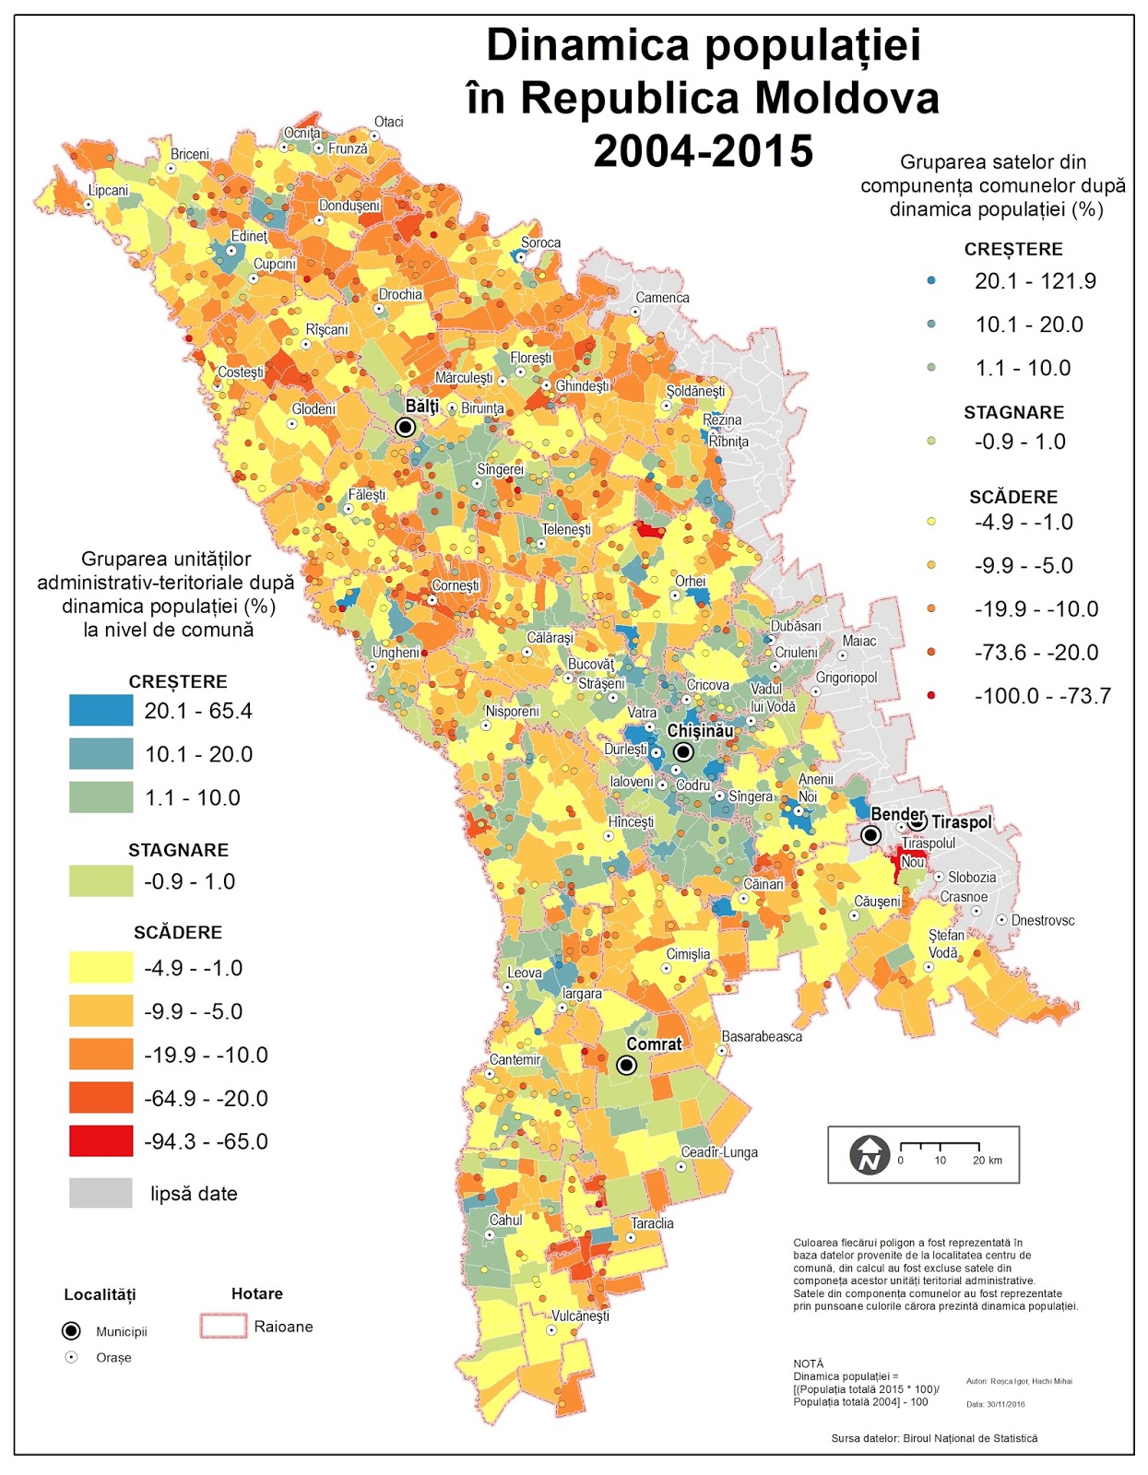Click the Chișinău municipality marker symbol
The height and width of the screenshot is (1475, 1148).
click(x=683, y=752)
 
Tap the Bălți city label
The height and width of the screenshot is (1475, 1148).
click(x=421, y=407)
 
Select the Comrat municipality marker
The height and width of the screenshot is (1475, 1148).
click(x=626, y=1065)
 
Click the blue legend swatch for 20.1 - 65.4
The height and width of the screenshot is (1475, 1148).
click(x=101, y=711)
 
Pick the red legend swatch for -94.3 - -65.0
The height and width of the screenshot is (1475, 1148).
click(x=101, y=1141)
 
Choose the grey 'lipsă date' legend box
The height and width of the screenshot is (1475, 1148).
click(x=101, y=1193)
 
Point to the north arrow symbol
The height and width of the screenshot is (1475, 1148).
click(x=869, y=1155)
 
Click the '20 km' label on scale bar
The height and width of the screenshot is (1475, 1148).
click(x=987, y=1161)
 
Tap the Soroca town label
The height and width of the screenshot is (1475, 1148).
click(x=540, y=243)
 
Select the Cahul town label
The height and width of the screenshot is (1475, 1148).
click(x=505, y=1221)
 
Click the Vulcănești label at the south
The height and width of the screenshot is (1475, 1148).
click(x=580, y=1316)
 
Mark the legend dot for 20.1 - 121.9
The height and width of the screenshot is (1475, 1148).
click(x=931, y=280)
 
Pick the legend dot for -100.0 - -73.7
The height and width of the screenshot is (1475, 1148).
click(x=931, y=695)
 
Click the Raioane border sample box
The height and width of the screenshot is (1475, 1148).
click(x=223, y=1327)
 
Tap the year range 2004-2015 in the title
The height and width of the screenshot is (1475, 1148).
click(x=703, y=151)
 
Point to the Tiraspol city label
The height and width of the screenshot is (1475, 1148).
click(x=961, y=821)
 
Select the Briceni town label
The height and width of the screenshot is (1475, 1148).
click(x=190, y=154)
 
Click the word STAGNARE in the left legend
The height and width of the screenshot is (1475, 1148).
click(x=178, y=850)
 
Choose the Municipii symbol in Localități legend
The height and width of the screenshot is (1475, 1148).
click(x=71, y=1331)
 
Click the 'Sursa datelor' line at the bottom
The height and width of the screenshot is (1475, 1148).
click(x=933, y=1438)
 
